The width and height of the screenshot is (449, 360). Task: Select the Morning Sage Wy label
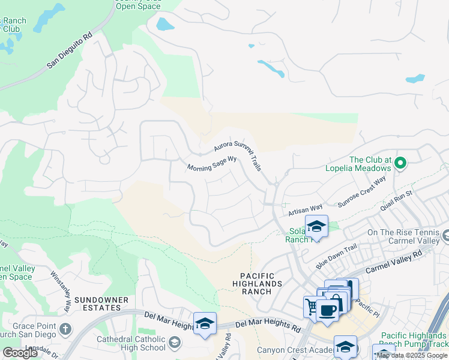[x=212, y=164]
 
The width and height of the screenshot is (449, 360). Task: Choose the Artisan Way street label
[x=305, y=208]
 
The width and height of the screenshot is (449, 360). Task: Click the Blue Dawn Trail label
[x=337, y=257]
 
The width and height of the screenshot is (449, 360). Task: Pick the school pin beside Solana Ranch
[x=316, y=226]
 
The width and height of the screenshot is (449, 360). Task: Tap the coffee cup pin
[x=328, y=310]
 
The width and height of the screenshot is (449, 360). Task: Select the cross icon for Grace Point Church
[x=65, y=329]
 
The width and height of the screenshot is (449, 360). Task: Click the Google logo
[x=20, y=353]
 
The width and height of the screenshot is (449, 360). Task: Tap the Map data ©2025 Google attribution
[x=412, y=356]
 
